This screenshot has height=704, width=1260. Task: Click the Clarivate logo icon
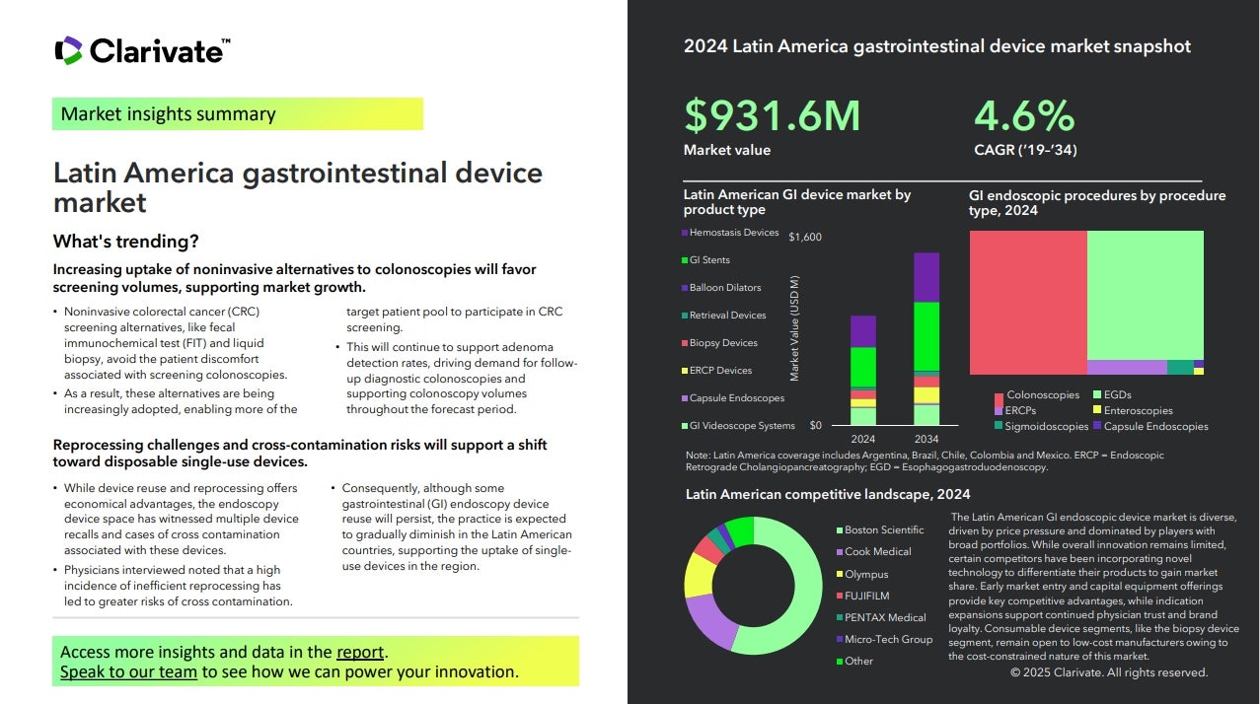pyautogui.click(x=68, y=50)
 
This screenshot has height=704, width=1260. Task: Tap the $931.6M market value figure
pyautogui.click(x=772, y=115)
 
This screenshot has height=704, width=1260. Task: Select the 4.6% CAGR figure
pyautogui.click(x=1023, y=115)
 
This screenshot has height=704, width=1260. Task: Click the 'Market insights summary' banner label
pyautogui.click(x=168, y=114)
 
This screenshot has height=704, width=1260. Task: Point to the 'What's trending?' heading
pyautogui.click(x=125, y=242)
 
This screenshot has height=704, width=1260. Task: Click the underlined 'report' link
pyautogui.click(x=360, y=652)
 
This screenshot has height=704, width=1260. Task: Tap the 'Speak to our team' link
pyautogui.click(x=128, y=672)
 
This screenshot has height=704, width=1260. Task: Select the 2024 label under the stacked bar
pyautogui.click(x=862, y=439)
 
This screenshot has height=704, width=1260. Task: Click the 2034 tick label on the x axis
pyautogui.click(x=926, y=439)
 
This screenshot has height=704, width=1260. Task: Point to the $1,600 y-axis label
pyautogui.click(x=805, y=238)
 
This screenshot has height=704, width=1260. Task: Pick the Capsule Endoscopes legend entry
pyautogui.click(x=736, y=398)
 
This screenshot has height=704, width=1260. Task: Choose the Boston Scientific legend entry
pyautogui.click(x=883, y=530)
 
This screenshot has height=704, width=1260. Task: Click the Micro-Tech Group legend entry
pyautogui.click(x=888, y=639)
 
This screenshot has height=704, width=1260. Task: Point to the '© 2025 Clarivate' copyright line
pyautogui.click(x=1108, y=672)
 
